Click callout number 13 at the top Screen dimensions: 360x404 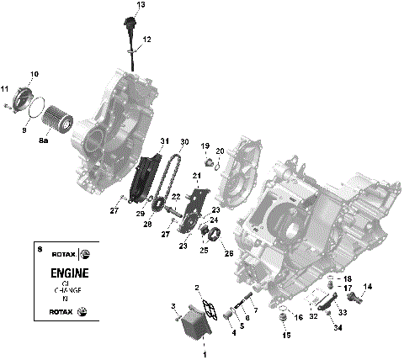(141, 5)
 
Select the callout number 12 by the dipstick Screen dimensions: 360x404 (146, 40)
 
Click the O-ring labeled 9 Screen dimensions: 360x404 (34, 108)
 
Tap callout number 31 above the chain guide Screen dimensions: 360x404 (164, 140)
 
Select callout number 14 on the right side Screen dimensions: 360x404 (367, 287)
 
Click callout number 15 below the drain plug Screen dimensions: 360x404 (309, 335)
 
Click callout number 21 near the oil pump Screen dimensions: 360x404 (195, 176)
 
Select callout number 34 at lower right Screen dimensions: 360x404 (338, 327)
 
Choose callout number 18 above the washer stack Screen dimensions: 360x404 (348, 278)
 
